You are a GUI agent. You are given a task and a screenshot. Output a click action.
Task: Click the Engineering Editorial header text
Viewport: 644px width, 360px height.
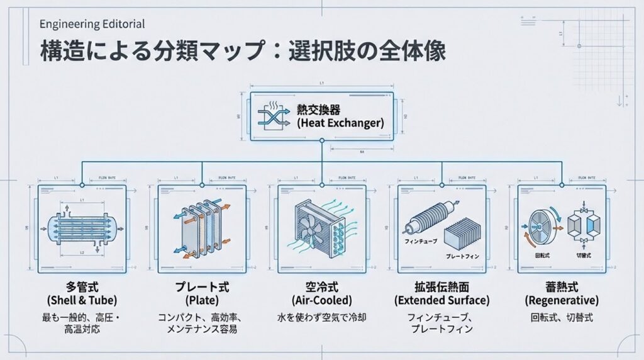tap(92, 25)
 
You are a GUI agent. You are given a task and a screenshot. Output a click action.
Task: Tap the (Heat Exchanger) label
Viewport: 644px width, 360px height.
tap(340, 123)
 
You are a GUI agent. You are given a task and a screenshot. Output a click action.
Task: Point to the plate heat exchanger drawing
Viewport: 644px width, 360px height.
tap(201, 228)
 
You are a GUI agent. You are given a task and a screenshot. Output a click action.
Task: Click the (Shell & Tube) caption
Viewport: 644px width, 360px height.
tap(82, 300)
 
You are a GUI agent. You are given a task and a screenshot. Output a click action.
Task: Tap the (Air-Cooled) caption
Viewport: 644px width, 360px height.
tap(321, 300)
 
